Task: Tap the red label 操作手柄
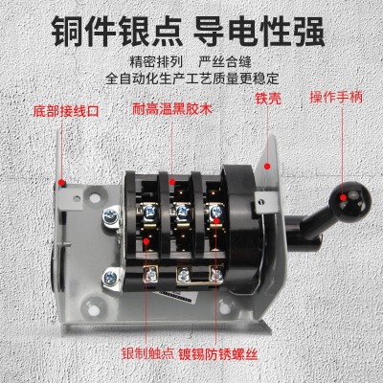click(x=336, y=98)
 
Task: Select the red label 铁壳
click(x=268, y=99)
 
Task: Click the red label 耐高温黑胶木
click(x=172, y=109)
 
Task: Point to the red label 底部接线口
click(x=66, y=111)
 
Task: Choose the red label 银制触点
click(x=147, y=354)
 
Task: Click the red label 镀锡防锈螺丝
click(x=218, y=354)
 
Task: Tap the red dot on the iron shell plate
click(x=267, y=166)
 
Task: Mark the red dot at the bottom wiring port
click(x=60, y=182)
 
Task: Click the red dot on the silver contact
click(x=146, y=240)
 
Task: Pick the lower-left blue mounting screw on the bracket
click(x=110, y=277)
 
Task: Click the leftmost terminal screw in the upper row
click(x=149, y=212)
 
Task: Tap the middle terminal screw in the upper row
click(x=183, y=211)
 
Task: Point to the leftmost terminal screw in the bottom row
click(x=149, y=274)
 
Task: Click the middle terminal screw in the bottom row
click(x=184, y=275)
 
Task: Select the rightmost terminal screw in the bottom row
click(x=216, y=274)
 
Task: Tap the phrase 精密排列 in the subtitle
click(x=156, y=61)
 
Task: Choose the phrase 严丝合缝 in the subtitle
click(x=225, y=61)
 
